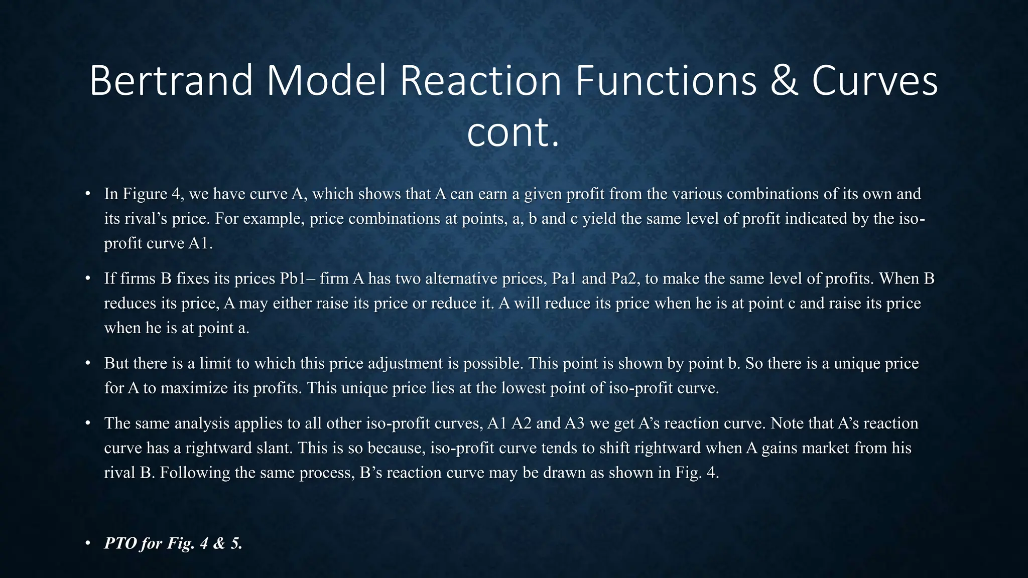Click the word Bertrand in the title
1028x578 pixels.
coord(171,81)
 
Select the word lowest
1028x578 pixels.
coord(518,388)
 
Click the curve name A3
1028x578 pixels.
coord(575,423)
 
